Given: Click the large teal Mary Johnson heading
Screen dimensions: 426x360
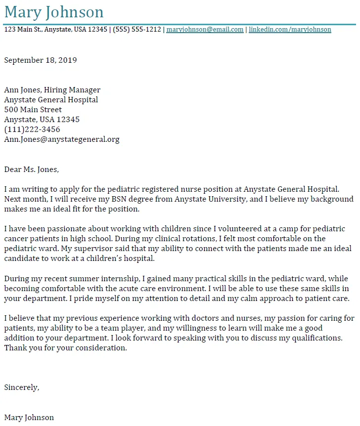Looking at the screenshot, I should (x=54, y=12).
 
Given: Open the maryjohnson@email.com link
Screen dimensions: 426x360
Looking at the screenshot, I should (x=205, y=30).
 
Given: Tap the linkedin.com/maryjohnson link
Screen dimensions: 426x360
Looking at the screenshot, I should (x=290, y=30).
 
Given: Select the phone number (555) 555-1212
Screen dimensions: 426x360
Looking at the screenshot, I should (x=136, y=30).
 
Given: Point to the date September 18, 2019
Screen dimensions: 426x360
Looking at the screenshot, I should (x=41, y=60).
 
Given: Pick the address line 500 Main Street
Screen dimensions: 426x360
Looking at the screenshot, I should (x=33, y=110).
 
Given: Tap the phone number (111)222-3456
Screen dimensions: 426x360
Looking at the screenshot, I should (x=32, y=129).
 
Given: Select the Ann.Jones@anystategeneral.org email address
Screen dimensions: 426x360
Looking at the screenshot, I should (x=62, y=139).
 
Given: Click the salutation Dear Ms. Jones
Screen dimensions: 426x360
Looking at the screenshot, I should (x=31, y=170).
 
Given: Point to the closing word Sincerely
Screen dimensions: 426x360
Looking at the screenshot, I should (x=21, y=387).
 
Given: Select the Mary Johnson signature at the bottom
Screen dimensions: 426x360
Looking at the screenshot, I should (x=29, y=418).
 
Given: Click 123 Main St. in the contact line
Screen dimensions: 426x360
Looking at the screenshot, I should (x=23, y=30).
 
